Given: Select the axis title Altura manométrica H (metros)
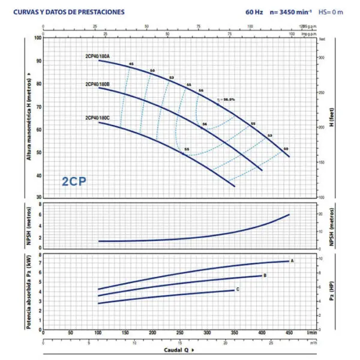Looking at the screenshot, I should pos(28,118).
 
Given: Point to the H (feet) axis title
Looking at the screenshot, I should pos(331,118).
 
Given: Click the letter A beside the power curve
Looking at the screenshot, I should pos(292,261).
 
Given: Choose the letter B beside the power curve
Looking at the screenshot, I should pos(265,275).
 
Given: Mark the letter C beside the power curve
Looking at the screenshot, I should pos(238,290).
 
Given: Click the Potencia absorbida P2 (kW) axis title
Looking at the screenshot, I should pos(28,291).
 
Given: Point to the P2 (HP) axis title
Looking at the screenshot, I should pos(331,291).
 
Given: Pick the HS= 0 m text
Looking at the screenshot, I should pos(331,11).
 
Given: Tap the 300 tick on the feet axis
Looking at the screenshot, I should pos(322,58).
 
